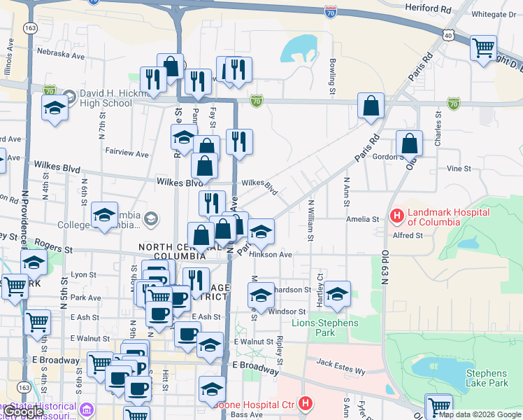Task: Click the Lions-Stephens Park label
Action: (x=324, y=328)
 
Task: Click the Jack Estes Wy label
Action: (x=341, y=363)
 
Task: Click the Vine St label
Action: (x=459, y=169)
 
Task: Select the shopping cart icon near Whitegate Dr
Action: (x=483, y=48)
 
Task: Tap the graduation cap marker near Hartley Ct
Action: (x=337, y=294)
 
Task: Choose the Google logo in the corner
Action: (x=24, y=412)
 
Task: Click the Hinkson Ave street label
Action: (x=270, y=255)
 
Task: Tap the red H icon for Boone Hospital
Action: (x=305, y=404)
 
